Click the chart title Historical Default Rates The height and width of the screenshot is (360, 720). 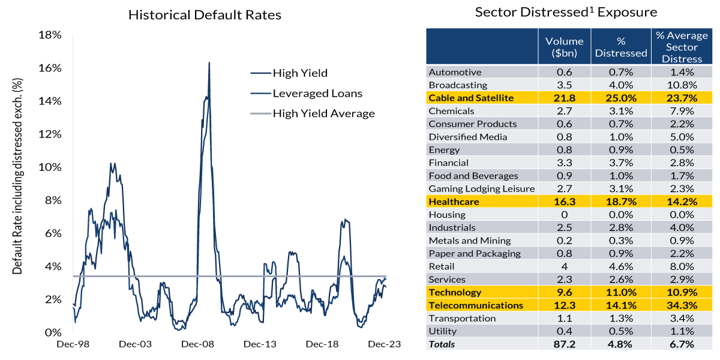coord(205,15)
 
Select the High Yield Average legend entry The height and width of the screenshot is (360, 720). coord(323,113)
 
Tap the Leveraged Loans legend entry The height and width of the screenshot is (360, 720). coord(317,93)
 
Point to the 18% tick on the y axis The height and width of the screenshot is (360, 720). coord(50,35)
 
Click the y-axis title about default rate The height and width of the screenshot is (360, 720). coord(17,176)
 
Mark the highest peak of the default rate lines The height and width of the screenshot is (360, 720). coord(209,62)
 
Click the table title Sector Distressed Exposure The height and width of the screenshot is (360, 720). coord(566,12)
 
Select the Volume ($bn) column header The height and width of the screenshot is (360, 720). coord(564,47)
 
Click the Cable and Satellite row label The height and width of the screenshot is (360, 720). coord(471,98)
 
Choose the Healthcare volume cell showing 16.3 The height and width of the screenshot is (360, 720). coord(564,202)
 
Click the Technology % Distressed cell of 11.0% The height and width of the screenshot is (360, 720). coord(621,292)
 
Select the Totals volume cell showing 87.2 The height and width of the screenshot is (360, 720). coord(564,344)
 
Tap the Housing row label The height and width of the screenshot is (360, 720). coord(447,215)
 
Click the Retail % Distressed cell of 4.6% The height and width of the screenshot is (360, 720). coord(621,266)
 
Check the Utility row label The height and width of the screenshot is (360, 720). coord(443,331)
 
